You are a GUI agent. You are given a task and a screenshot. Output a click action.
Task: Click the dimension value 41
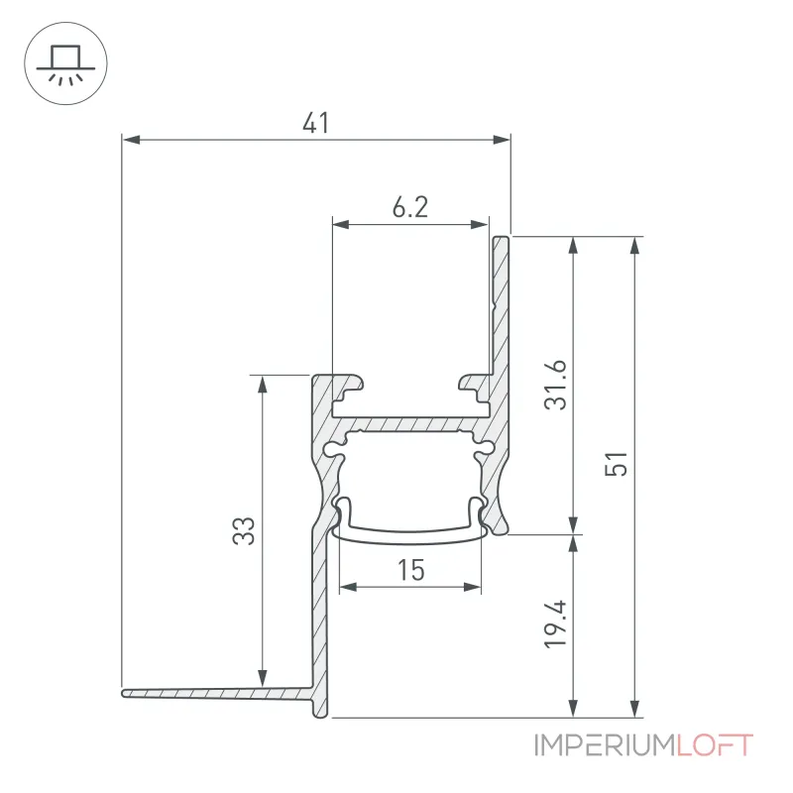click(315, 123)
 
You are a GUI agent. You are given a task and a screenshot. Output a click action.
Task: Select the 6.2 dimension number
click(410, 207)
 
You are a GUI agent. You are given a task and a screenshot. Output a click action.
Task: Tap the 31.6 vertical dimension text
click(556, 385)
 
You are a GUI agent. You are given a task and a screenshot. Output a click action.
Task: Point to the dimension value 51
click(616, 464)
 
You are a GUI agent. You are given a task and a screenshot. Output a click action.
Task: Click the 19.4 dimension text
click(556, 624)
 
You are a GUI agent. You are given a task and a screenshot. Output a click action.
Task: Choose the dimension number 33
click(244, 530)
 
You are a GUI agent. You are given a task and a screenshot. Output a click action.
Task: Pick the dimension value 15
click(410, 570)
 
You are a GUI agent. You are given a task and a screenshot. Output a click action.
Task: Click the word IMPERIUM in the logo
click(606, 745)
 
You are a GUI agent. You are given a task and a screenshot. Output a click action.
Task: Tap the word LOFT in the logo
click(715, 745)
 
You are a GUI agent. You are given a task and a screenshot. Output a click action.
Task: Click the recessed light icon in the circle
click(65, 63)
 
